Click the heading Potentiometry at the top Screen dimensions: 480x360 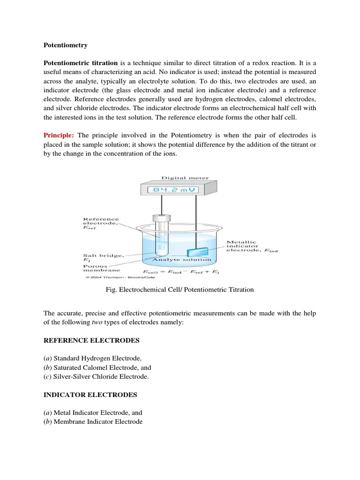tap(65, 45)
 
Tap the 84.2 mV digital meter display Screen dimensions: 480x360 tap(173, 190)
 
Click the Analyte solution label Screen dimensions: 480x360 tap(181, 259)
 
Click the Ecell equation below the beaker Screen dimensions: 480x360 tap(181, 271)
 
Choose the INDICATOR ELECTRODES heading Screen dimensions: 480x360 tap(90, 395)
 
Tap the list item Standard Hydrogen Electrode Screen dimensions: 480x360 tap(92, 358)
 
